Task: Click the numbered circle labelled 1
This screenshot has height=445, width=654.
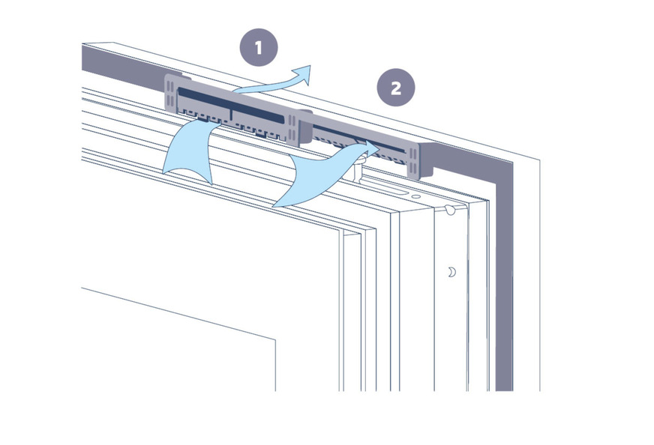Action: coord(259,47)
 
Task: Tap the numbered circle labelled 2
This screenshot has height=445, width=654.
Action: coord(396,88)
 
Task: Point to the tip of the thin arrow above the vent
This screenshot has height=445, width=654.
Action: coord(310,66)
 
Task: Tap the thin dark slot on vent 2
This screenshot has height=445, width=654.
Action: coord(358,139)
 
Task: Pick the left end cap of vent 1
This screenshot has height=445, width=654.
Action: coord(170,94)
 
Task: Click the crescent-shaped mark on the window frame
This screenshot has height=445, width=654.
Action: coord(451,272)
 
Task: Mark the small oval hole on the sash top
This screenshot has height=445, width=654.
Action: coord(415,197)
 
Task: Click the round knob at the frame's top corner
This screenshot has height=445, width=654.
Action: coord(450,209)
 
